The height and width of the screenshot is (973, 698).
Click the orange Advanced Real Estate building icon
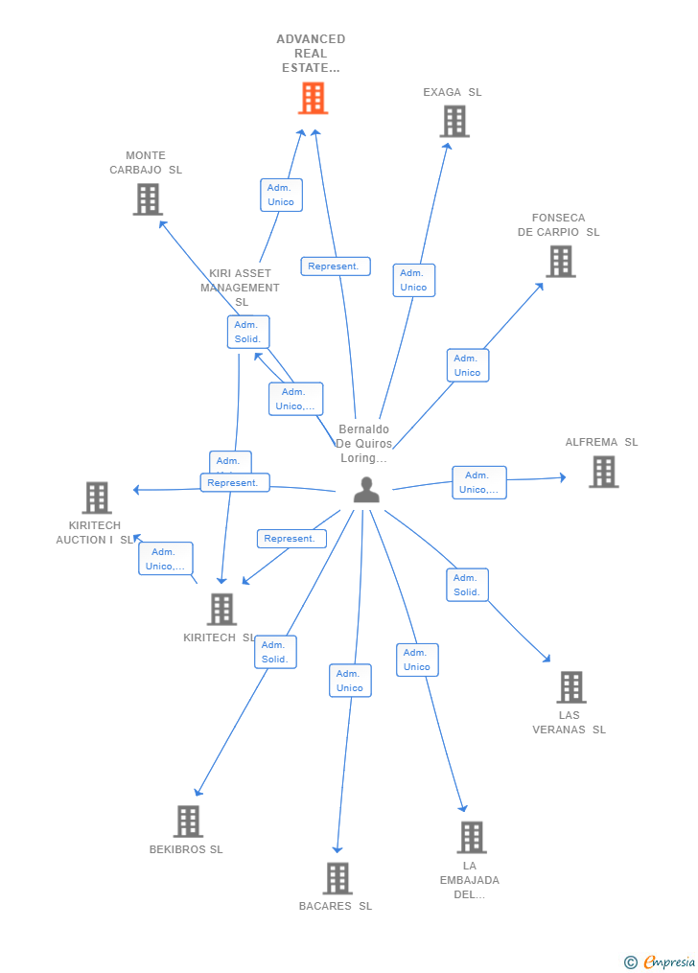pos(313,98)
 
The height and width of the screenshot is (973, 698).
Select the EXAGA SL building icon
pos(454,122)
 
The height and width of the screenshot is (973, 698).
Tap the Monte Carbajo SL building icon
pos(147,199)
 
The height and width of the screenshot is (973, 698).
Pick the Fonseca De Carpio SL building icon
pos(560,261)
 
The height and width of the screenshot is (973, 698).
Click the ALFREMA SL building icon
pos(603,472)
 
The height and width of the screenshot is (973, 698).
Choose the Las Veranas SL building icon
pos(570,687)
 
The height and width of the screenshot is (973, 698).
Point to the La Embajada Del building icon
pos(471,837)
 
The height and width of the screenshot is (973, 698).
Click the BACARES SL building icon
pos(337,878)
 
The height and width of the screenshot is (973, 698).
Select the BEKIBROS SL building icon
pos(188,822)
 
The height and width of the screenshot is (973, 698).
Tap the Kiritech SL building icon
pos(221,609)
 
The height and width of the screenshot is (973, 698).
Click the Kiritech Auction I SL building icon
pos(97,498)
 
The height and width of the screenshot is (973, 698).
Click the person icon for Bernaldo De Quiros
pos(366,490)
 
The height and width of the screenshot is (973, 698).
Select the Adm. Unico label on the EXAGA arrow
pos(413,280)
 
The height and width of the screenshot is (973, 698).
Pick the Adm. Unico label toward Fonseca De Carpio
pos(467,365)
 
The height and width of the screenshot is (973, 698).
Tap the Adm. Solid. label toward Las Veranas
pos(467,585)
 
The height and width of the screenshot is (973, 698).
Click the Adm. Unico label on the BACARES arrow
pos(350,681)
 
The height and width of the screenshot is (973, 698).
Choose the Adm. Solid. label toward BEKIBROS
pos(275,652)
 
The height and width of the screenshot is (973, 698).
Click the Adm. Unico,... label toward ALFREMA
pos(478,482)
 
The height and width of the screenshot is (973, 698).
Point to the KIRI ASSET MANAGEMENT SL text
pos(240,288)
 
